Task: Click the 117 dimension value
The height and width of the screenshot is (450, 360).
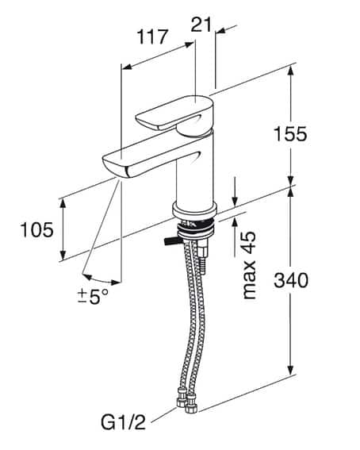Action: point(152,36)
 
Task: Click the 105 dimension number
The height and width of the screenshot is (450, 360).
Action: point(35,230)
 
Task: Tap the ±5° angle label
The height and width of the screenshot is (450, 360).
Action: point(93,297)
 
